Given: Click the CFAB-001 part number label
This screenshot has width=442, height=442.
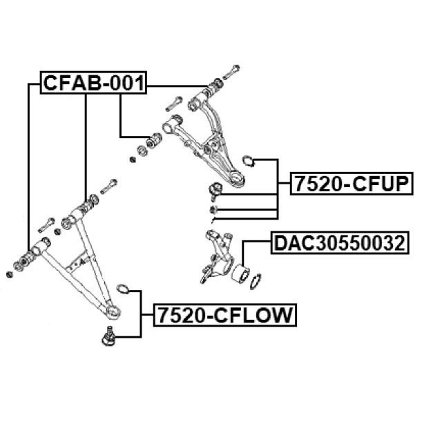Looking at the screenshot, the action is [94, 83].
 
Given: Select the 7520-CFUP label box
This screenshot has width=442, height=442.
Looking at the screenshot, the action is [352, 184].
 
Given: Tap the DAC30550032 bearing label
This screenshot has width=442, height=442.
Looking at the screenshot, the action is [340, 242].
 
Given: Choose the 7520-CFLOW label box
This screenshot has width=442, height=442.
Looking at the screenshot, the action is [225, 315].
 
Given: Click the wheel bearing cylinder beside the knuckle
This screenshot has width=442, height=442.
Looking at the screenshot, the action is [240, 273].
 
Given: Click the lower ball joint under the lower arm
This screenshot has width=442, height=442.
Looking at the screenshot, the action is [108, 336].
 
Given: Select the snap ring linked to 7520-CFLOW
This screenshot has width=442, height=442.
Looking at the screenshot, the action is [123, 289].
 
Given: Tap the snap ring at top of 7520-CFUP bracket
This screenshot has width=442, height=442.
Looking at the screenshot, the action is [249, 161].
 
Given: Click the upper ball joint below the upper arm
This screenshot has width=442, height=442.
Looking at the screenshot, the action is [215, 191].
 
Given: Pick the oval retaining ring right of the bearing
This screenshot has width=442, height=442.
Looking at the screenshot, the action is [256, 281].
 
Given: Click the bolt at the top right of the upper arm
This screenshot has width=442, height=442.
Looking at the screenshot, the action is [231, 72].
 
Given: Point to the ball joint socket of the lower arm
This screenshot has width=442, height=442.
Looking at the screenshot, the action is [113, 311].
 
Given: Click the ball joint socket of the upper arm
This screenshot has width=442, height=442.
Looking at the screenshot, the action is [236, 178].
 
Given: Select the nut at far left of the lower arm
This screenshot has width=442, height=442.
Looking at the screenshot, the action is [9, 274].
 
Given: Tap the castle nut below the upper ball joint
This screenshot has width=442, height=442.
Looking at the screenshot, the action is [213, 209].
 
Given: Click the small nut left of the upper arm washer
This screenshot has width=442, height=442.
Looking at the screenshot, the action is [133, 160].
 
